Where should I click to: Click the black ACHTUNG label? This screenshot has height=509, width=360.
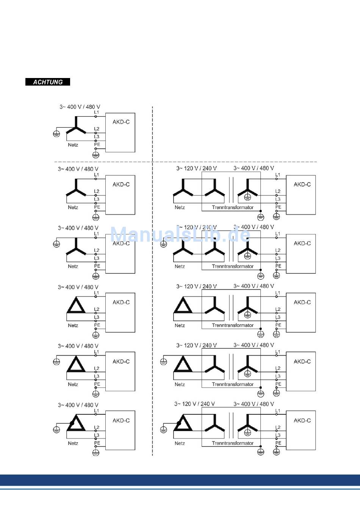(x=48, y=82)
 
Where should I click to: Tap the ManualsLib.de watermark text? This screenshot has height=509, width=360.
(x=180, y=235)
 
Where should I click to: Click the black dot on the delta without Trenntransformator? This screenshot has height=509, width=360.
(x=71, y=423)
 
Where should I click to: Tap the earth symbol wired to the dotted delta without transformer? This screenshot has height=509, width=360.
(x=56, y=429)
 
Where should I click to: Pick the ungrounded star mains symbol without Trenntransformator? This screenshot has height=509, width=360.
(x=76, y=187)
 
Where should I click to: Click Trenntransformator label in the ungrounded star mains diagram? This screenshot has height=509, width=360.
(x=233, y=208)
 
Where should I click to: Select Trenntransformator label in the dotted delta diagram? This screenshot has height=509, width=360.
(x=233, y=443)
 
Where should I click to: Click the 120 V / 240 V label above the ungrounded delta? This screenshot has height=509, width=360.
(x=196, y=286)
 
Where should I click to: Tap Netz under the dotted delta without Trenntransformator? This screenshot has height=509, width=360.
(x=73, y=443)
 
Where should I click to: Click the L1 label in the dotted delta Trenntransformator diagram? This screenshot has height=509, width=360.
(x=278, y=411)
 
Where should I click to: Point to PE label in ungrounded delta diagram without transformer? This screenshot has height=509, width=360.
(x=97, y=325)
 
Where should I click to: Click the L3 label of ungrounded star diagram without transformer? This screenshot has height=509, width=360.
(x=97, y=199)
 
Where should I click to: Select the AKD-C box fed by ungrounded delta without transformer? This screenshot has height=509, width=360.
(x=120, y=313)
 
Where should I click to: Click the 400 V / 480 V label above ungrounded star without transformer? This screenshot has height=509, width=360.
(x=78, y=169)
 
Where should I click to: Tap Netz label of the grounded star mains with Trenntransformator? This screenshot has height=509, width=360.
(x=180, y=266)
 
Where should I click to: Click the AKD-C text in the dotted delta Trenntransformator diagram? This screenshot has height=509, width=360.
(x=302, y=420)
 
